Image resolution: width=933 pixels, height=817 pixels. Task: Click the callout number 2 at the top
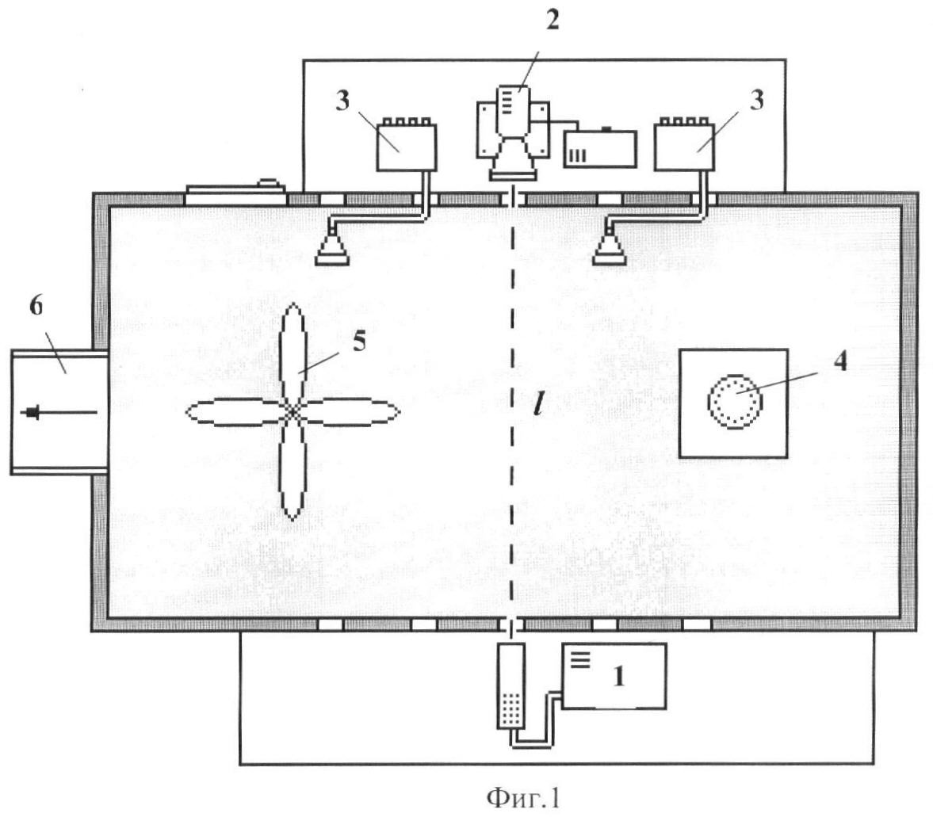point(553,21)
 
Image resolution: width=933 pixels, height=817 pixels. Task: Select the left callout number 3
point(342,101)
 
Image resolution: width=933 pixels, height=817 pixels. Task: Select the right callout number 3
point(756,99)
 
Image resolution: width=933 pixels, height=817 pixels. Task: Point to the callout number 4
point(840,360)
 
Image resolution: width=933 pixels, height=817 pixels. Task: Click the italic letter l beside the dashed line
point(538,405)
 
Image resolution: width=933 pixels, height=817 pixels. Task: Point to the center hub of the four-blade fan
point(293,411)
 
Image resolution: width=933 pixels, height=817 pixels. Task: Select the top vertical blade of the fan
point(293,354)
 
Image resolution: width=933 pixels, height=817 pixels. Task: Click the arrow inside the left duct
point(59,412)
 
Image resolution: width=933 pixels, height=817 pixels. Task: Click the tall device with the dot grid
point(511,685)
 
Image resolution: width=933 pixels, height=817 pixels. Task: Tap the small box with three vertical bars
point(600,148)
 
